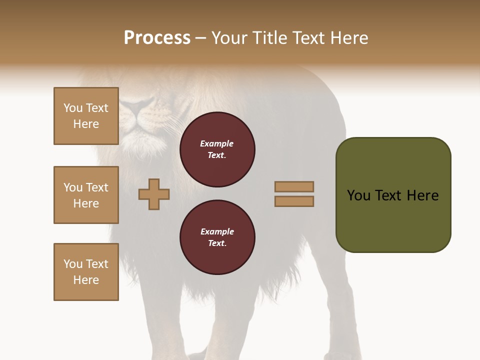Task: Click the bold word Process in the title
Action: pyautogui.click(x=157, y=38)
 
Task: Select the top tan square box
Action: pyautogui.click(x=86, y=116)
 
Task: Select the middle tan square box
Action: pyautogui.click(x=86, y=195)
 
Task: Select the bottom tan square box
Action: pyautogui.click(x=86, y=272)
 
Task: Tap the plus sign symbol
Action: pyautogui.click(x=154, y=194)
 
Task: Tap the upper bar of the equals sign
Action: pyautogui.click(x=294, y=186)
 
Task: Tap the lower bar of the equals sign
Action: pyautogui.click(x=294, y=201)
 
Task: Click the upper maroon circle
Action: pyautogui.click(x=217, y=149)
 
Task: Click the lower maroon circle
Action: pyautogui.click(x=217, y=237)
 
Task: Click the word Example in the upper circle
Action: pyautogui.click(x=217, y=144)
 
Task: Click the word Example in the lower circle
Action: pyautogui.click(x=217, y=231)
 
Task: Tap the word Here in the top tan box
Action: pyautogui.click(x=86, y=124)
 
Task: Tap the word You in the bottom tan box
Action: pyautogui.click(x=73, y=264)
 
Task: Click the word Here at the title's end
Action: pyautogui.click(x=350, y=38)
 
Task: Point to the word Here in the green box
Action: pyautogui.click(x=422, y=195)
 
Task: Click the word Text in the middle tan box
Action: pyautogui.click(x=97, y=187)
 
